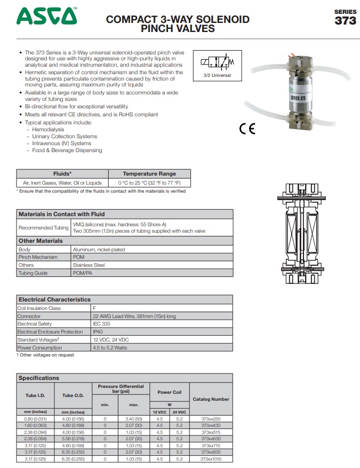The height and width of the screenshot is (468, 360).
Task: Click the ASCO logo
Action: tap(47, 17)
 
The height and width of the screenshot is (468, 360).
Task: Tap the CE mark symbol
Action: tap(247, 129)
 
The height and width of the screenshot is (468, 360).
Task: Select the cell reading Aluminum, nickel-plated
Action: tap(99, 249)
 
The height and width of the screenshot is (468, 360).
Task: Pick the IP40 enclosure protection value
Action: tap(98, 332)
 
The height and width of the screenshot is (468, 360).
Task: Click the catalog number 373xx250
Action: tap(211, 418)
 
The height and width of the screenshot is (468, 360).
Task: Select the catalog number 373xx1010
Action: tap(211, 458)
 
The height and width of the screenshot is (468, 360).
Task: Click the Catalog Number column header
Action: tap(211, 399)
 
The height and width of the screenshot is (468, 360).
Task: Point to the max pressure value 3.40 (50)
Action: tap(133, 418)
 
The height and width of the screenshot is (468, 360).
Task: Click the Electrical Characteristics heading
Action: tap(54, 299)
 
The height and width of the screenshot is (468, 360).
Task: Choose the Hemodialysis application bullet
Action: tap(49, 130)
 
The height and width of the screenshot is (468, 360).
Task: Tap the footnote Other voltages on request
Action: tap(47, 355)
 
